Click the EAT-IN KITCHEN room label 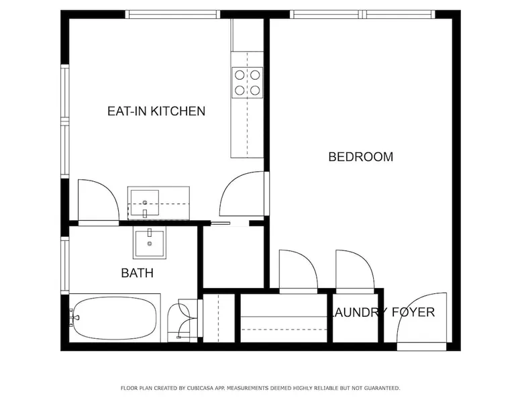click(156, 111)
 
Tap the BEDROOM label click(360, 156)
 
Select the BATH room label click(137, 272)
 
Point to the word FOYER click(413, 312)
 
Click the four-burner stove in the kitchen click(247, 83)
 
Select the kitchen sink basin click(144, 203)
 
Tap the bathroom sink click(150, 242)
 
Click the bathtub click(115, 318)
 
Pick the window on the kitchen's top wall click(173, 14)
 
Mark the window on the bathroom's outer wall click(65, 265)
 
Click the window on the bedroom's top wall click(362, 14)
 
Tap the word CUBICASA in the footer click(200, 388)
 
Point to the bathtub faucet click(74, 317)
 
